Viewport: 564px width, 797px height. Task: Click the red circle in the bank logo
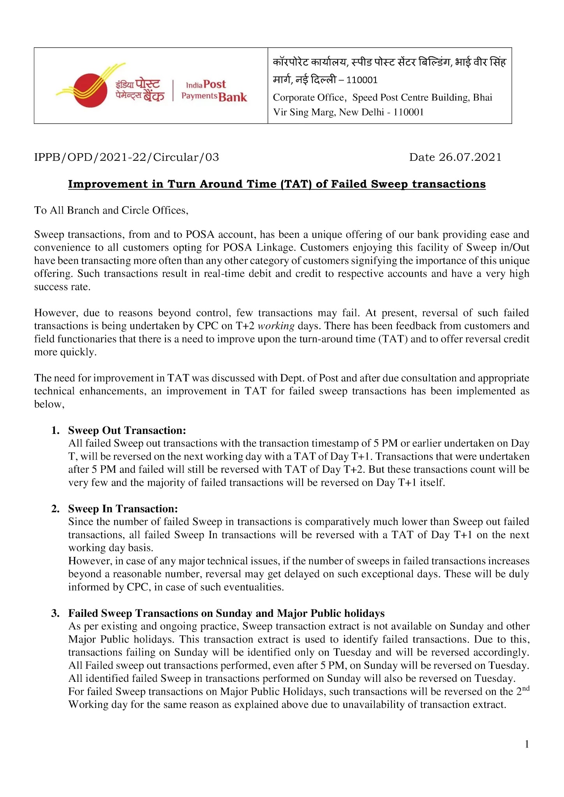pyautogui.click(x=90, y=91)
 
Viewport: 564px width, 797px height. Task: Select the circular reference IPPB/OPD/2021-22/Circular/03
pyautogui.click(x=127, y=157)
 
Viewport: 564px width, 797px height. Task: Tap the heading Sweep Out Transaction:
pyautogui.click(x=127, y=430)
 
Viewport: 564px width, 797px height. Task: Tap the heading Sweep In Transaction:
pyautogui.click(x=123, y=509)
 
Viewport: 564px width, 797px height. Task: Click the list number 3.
pyautogui.click(x=55, y=613)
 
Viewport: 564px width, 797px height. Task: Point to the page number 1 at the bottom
pyautogui.click(x=527, y=744)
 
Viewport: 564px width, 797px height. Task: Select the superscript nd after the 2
pyautogui.click(x=525, y=688)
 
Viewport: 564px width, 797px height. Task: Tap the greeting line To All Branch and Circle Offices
pyautogui.click(x=111, y=210)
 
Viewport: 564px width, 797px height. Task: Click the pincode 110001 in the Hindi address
pyautogui.click(x=362, y=80)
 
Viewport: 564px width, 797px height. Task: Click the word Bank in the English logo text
pyautogui.click(x=233, y=97)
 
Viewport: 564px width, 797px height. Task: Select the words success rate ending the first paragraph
pyautogui.click(x=62, y=287)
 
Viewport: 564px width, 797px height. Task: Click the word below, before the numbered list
pyautogui.click(x=49, y=404)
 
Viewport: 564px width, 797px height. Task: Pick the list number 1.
pyautogui.click(x=55, y=430)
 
